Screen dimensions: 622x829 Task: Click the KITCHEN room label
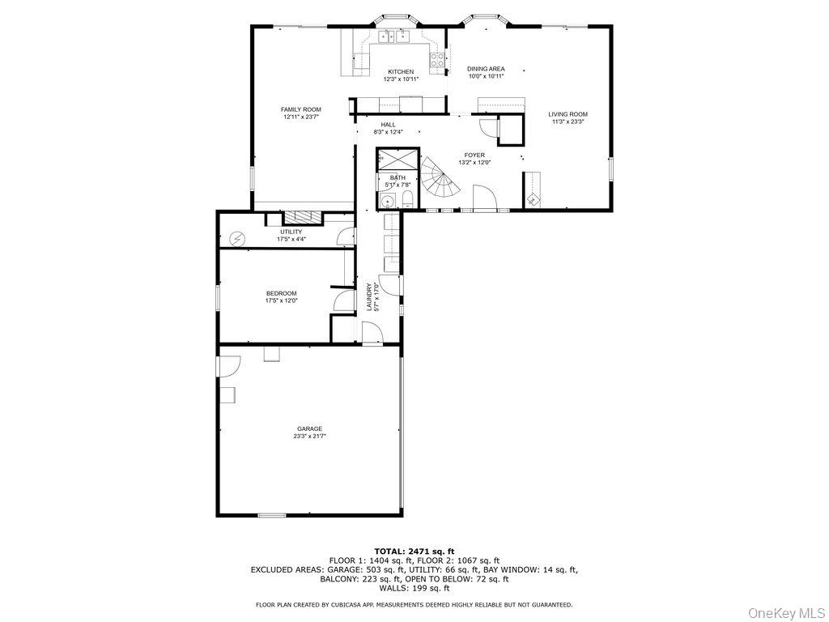(400, 72)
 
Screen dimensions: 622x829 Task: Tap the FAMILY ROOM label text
(301, 109)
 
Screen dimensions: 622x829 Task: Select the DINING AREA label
(486, 69)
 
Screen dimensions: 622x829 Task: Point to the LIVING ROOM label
(568, 114)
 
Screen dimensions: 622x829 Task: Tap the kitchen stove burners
(437, 59)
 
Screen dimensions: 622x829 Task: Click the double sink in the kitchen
(395, 36)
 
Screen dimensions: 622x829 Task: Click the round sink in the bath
(387, 202)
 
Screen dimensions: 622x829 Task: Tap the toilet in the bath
(408, 200)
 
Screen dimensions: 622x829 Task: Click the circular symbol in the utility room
(237, 238)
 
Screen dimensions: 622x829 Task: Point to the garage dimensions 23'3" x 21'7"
(309, 436)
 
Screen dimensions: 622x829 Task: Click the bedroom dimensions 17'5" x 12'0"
(282, 300)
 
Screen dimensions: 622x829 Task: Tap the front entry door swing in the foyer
(483, 197)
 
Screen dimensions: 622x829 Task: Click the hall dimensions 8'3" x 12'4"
(389, 132)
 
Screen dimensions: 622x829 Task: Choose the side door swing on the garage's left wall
(227, 366)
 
